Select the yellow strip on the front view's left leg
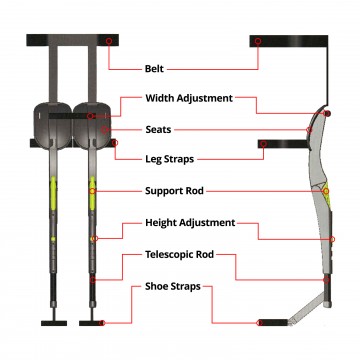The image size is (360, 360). [x=54, y=190]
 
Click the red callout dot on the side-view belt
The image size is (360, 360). [x=258, y=42]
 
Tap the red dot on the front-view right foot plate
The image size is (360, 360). [x=102, y=322]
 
